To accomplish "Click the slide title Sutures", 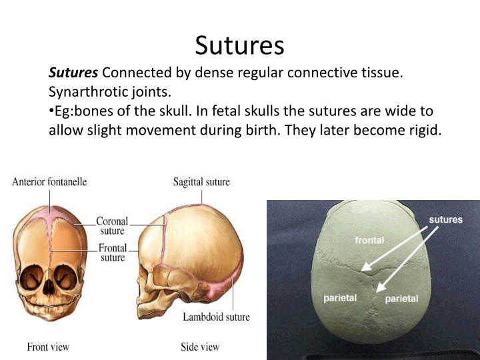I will point(239,45).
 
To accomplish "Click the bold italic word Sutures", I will point(73,73).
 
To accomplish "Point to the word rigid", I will point(421,129).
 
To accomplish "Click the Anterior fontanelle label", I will point(49,181).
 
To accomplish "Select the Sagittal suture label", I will point(201,181).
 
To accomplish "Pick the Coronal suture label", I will point(111,226).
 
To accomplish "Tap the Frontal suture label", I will point(113,253).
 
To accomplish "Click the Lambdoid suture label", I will point(216,317).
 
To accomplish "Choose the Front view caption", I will point(48,347).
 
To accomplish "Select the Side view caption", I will point(200,347).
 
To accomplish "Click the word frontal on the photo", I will point(370,240).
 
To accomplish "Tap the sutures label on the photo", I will point(445,219).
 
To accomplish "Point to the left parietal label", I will point(340,298).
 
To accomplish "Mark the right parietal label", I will point(401,299).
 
